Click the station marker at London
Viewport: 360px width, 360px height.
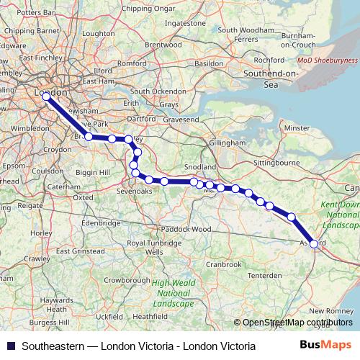click(x=46, y=96)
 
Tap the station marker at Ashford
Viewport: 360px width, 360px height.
click(x=313, y=243)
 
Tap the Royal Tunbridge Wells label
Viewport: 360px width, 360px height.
click(x=152, y=248)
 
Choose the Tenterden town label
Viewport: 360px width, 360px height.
click(x=264, y=276)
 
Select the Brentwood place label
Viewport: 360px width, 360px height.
click(x=163, y=44)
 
